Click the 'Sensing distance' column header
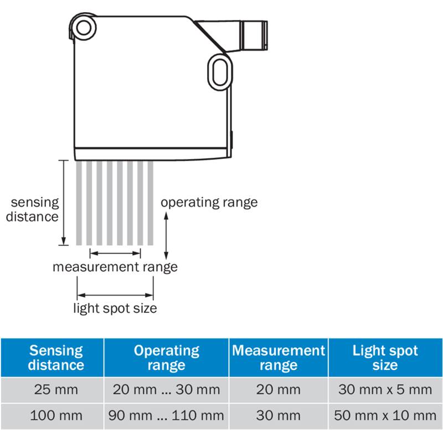pyautogui.click(x=56, y=358)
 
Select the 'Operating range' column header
pyautogui.click(x=167, y=358)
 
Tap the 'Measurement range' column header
pyautogui.click(x=279, y=358)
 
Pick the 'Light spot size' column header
pyautogui.click(x=385, y=358)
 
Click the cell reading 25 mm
pyautogui.click(x=56, y=390)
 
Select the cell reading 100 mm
pyautogui.click(x=56, y=415)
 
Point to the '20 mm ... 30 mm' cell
pyautogui.click(x=167, y=390)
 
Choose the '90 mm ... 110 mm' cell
pyautogui.click(x=167, y=415)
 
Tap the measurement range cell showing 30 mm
pyautogui.click(x=279, y=415)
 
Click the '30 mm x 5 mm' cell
pyautogui.click(x=385, y=390)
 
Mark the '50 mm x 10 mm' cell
pyautogui.click(x=385, y=415)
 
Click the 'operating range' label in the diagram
pyautogui.click(x=209, y=202)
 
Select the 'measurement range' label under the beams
pyautogui.click(x=115, y=267)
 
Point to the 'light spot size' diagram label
pyautogui.click(x=115, y=308)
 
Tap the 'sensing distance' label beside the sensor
pyautogui.click(x=32, y=209)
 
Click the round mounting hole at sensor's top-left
pyautogui.click(x=84, y=28)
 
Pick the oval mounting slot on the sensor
pyautogui.click(x=218, y=70)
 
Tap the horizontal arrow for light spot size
pyautogui.click(x=115, y=294)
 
